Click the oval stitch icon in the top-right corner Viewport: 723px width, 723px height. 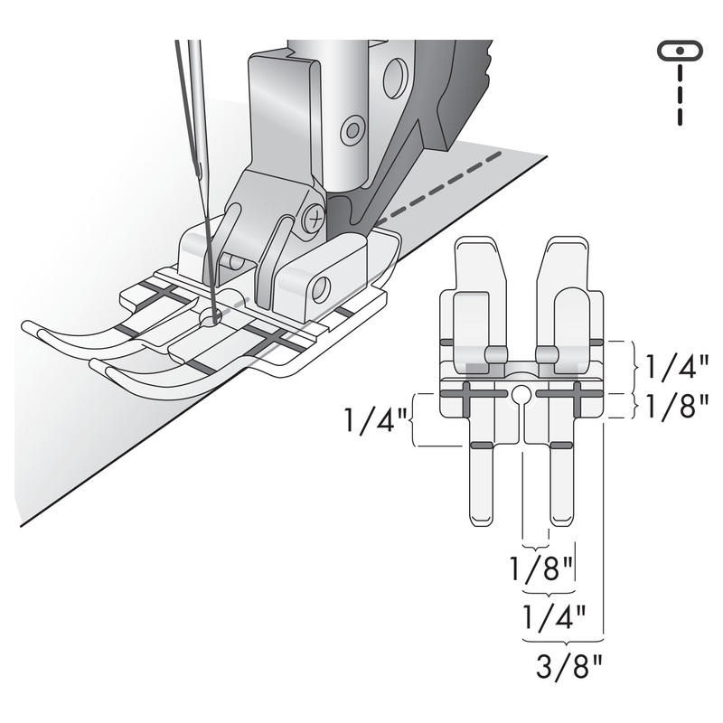681,51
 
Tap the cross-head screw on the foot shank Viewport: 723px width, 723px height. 314,217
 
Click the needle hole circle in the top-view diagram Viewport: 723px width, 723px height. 521,394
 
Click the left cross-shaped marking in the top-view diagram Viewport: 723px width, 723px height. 465,394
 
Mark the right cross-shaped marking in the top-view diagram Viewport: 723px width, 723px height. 577,394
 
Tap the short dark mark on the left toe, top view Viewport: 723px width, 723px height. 481,446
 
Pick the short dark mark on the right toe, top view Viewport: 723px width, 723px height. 561,446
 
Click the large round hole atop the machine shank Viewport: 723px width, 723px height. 394,79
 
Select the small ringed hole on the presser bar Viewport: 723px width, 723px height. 353,129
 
